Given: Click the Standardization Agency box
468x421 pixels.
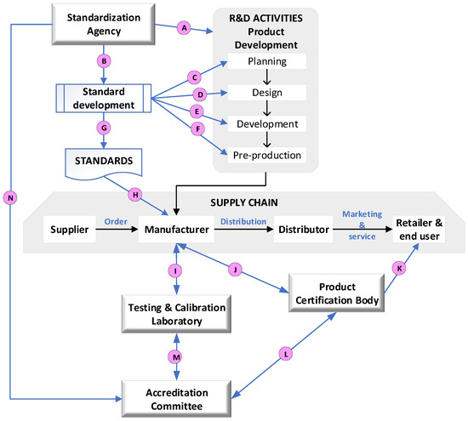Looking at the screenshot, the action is click(103, 24).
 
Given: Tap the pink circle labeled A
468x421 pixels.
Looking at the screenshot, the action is click(184, 28).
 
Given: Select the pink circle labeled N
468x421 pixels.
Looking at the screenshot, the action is click(10, 198).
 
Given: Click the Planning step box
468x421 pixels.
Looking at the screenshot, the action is click(267, 61).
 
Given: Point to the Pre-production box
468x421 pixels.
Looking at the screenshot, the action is click(267, 155).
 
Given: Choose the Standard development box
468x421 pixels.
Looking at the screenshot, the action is click(104, 98).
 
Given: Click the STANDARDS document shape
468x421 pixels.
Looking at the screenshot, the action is click(104, 164).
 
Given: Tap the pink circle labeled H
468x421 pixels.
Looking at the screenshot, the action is click(135, 195).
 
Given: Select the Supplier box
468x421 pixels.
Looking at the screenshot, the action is click(69, 229).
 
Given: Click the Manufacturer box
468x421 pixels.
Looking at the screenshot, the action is click(176, 229).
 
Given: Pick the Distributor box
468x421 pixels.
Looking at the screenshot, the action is click(303, 229).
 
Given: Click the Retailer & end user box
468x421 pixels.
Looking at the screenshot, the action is click(419, 229).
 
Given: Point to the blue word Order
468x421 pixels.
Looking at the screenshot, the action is click(116, 222).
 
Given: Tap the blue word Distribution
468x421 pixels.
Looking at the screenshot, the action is click(243, 222).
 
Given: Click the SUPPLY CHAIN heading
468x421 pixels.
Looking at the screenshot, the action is click(244, 202).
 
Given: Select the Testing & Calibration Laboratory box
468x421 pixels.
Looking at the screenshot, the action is click(176, 314).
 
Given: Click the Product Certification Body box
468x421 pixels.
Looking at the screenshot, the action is click(337, 293).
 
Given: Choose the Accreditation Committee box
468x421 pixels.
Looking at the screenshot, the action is click(176, 399).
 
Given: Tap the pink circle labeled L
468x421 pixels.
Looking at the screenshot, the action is click(286, 354).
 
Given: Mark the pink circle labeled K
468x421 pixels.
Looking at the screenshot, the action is click(399, 269).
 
